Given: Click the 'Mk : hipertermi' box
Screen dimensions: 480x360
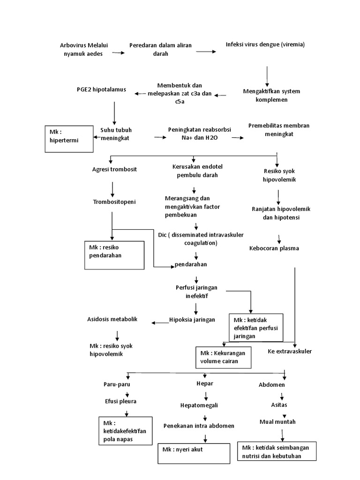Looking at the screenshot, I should (69, 139).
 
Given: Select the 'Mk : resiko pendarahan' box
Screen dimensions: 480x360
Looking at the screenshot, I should (114, 255).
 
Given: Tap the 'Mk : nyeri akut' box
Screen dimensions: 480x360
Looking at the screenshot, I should (194, 453).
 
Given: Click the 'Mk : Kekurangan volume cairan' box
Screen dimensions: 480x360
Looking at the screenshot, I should (224, 357).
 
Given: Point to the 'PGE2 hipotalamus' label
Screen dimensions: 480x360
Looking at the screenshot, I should (101, 90).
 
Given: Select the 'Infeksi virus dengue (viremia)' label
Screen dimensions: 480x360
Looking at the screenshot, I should (265, 45).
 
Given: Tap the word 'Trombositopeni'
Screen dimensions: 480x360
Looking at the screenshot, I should (112, 202).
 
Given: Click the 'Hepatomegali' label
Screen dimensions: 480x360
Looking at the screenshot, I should (199, 405).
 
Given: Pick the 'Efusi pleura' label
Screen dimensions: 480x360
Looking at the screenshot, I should (120, 401).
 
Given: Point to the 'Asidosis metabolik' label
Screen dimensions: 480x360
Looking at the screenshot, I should (112, 319).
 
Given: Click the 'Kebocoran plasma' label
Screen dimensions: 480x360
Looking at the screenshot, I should (274, 248).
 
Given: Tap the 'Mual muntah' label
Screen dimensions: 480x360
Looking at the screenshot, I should (277, 421).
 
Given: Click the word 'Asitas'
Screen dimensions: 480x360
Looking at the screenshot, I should (279, 405).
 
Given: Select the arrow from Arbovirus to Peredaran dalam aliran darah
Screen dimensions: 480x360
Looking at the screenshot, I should (119, 53).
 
